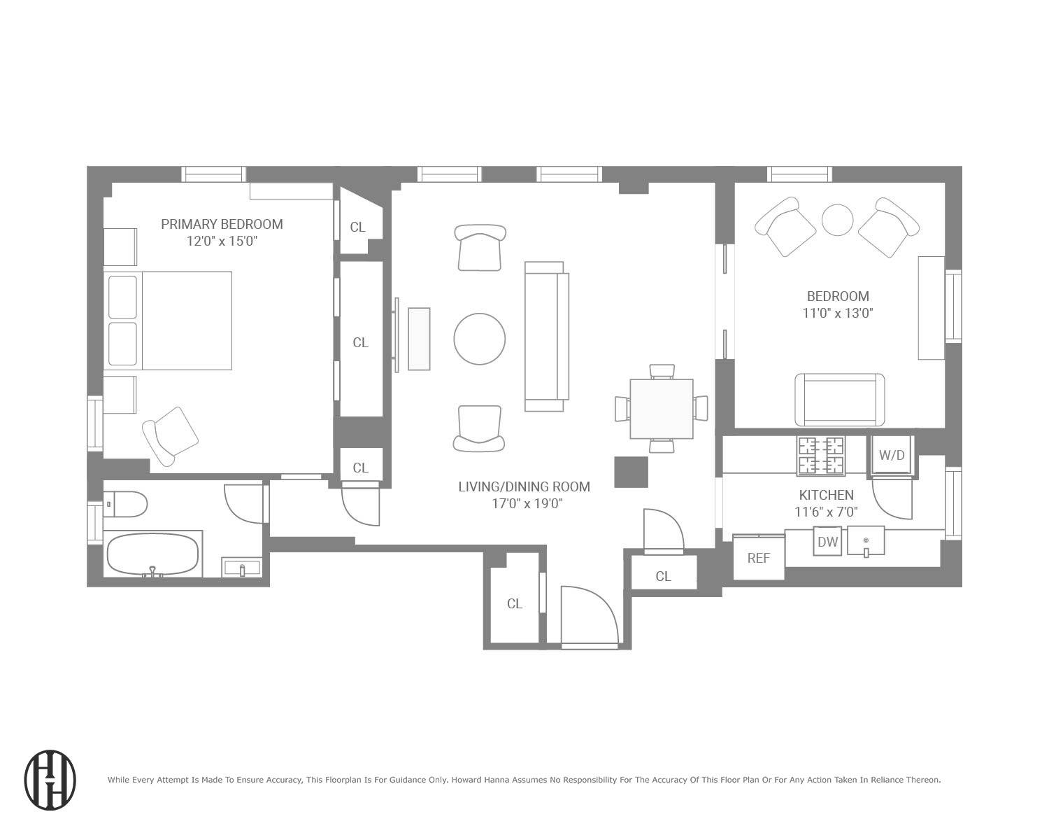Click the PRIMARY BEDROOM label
point(222,224)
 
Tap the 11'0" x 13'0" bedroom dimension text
point(837,313)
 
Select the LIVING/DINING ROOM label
point(524,486)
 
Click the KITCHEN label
point(826,495)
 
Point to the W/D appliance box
point(891,456)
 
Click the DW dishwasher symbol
point(827,541)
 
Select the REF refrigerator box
point(758,558)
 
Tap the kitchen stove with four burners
point(821,455)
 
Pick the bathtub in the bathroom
point(153,555)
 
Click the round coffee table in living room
point(479,339)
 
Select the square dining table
point(661,409)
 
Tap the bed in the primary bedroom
point(168,321)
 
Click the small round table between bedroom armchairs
point(837,220)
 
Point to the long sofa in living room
point(546,336)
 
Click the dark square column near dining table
point(631,472)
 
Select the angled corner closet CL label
point(357,227)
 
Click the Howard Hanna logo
point(50,780)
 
